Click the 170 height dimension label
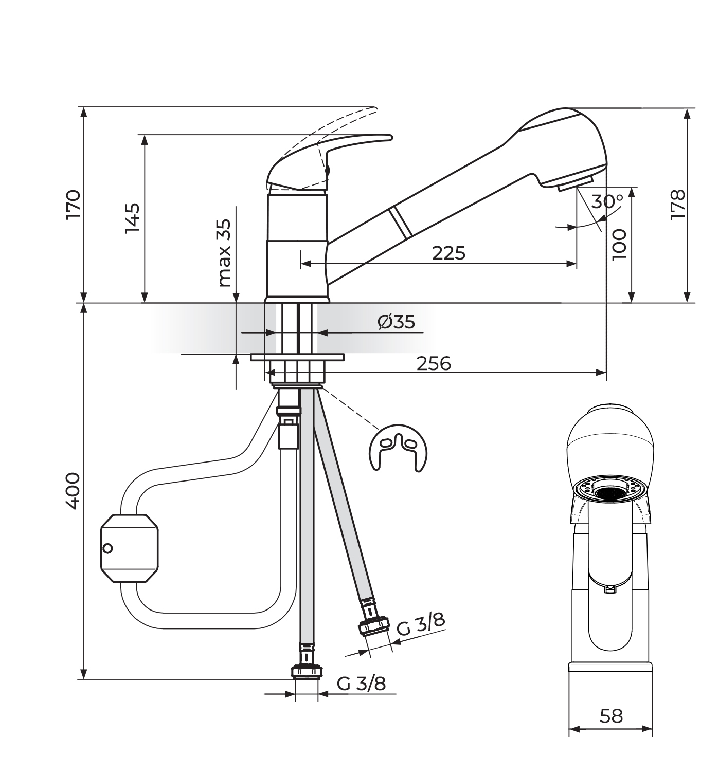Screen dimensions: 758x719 (73, 205)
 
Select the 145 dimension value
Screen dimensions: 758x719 (132, 218)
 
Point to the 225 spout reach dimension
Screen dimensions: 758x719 (448, 253)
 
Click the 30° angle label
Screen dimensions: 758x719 (607, 201)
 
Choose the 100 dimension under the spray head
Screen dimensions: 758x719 (620, 244)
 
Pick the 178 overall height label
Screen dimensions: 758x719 (677, 205)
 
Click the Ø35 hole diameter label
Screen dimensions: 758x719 (396, 322)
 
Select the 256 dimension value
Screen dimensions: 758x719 (434, 363)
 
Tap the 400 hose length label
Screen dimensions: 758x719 (73, 491)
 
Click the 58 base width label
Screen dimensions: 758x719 (611, 715)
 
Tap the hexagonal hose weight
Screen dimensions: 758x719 (129, 548)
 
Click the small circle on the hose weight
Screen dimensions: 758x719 (107, 548)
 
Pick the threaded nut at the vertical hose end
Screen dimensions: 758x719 (307, 672)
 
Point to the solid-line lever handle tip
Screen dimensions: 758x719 (388, 137)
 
